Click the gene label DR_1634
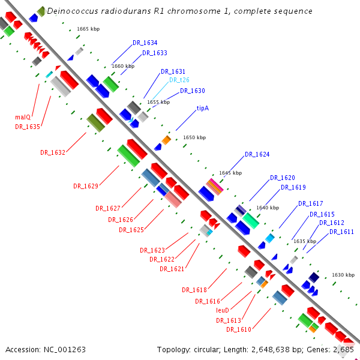(145, 43)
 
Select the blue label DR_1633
(155, 53)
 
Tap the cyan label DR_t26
(179, 80)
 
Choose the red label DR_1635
(28, 127)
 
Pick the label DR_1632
(53, 152)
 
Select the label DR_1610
(239, 329)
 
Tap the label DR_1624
(257, 155)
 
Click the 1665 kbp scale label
(88, 29)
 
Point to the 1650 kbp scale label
(194, 137)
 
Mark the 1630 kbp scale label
(343, 275)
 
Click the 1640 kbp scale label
(268, 208)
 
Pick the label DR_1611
(341, 232)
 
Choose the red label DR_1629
(86, 186)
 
